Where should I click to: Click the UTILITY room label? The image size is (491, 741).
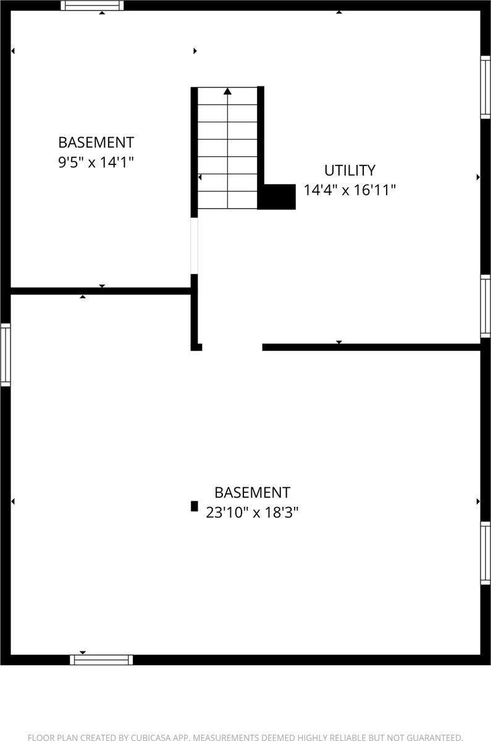click(x=350, y=170)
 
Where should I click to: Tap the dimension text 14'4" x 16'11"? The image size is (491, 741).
click(x=350, y=190)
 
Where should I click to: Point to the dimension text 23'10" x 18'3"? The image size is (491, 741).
click(x=252, y=513)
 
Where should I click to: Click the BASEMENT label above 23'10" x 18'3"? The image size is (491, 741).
click(x=252, y=493)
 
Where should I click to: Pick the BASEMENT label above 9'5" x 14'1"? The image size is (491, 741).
click(x=96, y=142)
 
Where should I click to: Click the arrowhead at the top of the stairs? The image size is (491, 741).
click(x=227, y=91)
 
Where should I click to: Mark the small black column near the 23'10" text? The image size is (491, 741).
click(x=194, y=506)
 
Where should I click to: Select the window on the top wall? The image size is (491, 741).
click(x=92, y=6)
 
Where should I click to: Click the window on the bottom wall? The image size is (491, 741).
click(x=101, y=659)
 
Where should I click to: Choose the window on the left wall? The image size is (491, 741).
click(x=6, y=354)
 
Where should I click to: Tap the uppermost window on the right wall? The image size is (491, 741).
click(x=485, y=87)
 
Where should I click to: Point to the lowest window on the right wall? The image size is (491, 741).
click(x=485, y=553)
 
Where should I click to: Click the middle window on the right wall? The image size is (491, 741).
click(x=485, y=306)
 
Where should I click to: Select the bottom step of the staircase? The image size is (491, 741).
click(x=227, y=200)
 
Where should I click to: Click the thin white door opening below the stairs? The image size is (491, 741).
click(x=194, y=246)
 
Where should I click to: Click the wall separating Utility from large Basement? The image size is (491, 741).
click(x=371, y=347)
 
